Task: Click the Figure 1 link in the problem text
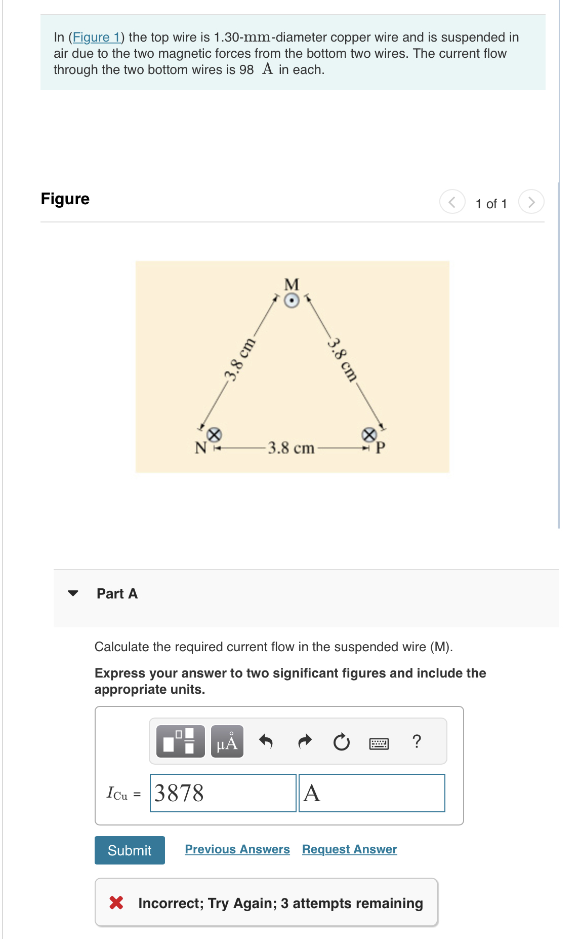click(96, 37)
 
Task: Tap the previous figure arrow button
click(452, 202)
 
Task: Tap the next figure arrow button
click(531, 202)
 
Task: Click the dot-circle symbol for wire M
click(292, 301)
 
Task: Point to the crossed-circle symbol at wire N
click(215, 434)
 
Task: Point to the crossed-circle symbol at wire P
click(369, 434)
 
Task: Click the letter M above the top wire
click(292, 284)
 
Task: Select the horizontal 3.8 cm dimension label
click(291, 448)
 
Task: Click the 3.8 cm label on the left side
click(239, 359)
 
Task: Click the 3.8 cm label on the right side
click(343, 359)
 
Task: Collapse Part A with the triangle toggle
click(73, 593)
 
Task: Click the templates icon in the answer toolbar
click(180, 741)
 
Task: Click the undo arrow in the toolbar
click(266, 741)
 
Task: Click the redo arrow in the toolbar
click(304, 741)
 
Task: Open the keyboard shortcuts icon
click(379, 743)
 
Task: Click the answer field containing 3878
click(223, 793)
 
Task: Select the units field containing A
click(371, 793)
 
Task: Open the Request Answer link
click(349, 849)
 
